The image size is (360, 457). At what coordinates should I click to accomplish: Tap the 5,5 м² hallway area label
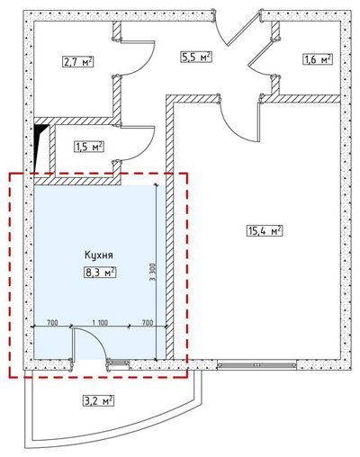coord(196,57)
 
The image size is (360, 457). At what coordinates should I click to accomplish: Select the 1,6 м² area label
coord(318,59)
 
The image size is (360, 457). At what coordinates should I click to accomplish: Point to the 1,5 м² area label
coord(89,147)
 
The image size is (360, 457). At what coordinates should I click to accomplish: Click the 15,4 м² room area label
coord(265,231)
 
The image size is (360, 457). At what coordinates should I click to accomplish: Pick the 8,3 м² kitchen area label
coord(100,273)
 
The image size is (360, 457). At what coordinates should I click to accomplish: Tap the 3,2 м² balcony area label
coord(98,400)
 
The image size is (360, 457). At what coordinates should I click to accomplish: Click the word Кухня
coord(99,255)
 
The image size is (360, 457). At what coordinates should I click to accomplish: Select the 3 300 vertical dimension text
coord(152,272)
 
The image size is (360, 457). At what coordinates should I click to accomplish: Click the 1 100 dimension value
coord(100,323)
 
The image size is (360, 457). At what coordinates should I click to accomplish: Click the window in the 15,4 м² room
coord(256,365)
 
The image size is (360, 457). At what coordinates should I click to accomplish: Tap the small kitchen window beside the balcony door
coord(118,363)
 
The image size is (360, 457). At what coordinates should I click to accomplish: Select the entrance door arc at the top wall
coord(220,33)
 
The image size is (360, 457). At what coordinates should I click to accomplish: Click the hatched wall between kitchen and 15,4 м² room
coord(170,228)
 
